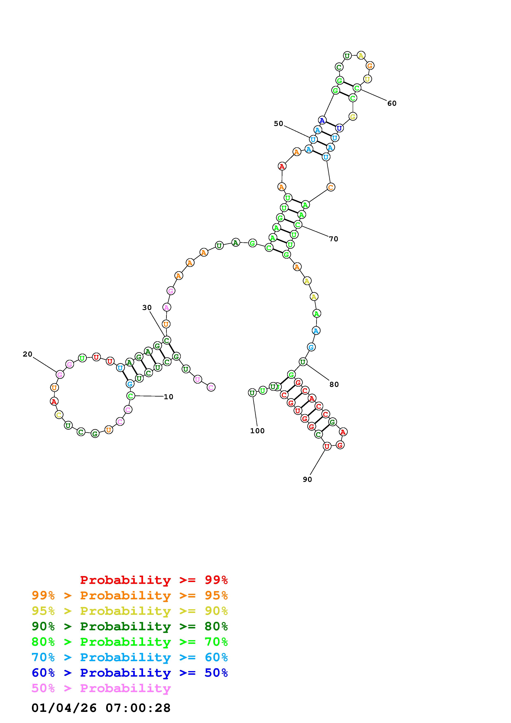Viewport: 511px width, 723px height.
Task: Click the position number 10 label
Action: pos(168,397)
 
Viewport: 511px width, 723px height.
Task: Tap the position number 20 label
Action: pos(27,354)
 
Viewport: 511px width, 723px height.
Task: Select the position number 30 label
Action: pos(147,308)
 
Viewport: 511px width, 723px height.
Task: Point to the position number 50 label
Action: pos(278,123)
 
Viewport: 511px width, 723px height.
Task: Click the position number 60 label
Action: pos(392,103)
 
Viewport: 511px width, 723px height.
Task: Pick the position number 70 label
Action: pos(334,239)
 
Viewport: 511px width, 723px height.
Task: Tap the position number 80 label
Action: pos(334,385)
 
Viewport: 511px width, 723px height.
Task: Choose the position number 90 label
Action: pos(307,479)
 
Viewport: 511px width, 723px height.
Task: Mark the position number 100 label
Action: pos(257,431)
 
